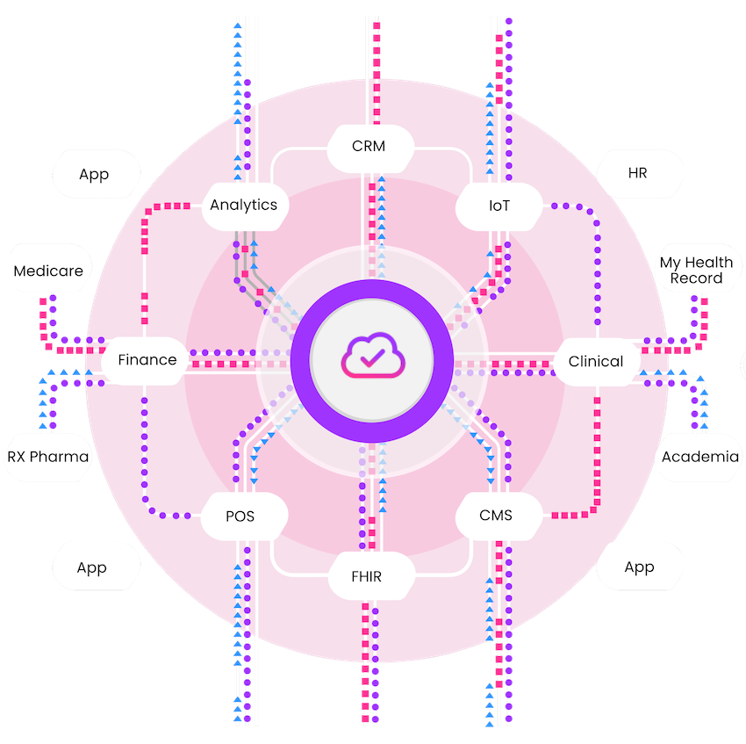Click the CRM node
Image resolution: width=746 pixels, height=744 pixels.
point(369,146)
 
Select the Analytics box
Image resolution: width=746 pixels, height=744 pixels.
point(244,206)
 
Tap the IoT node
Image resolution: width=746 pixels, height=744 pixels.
point(499,206)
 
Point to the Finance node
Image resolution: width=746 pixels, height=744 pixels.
point(147,359)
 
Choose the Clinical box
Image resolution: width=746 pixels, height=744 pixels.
point(596,361)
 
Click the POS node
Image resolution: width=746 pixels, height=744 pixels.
point(240,516)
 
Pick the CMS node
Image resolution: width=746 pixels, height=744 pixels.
point(496,516)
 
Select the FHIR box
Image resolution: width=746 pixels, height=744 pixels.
point(369,576)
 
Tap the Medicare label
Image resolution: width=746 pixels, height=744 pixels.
point(48,271)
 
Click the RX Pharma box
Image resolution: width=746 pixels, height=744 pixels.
point(48,457)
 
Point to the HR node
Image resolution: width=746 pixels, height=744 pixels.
point(638,173)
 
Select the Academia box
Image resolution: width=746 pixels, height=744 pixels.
point(699,457)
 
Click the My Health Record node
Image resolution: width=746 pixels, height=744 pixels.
point(697,271)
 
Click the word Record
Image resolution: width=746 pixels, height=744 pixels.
point(697,279)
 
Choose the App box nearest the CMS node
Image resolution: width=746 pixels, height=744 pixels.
point(640,567)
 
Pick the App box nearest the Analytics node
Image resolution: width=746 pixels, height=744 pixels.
point(94,174)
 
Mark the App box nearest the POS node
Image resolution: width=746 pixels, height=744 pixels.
point(92,567)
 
